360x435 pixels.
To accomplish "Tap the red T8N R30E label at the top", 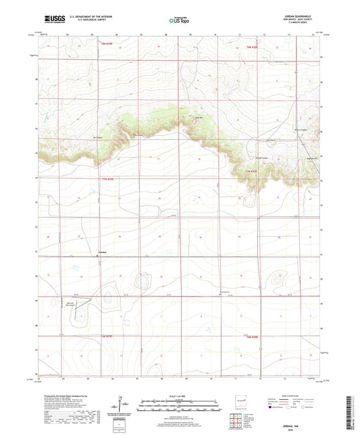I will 253,47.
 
